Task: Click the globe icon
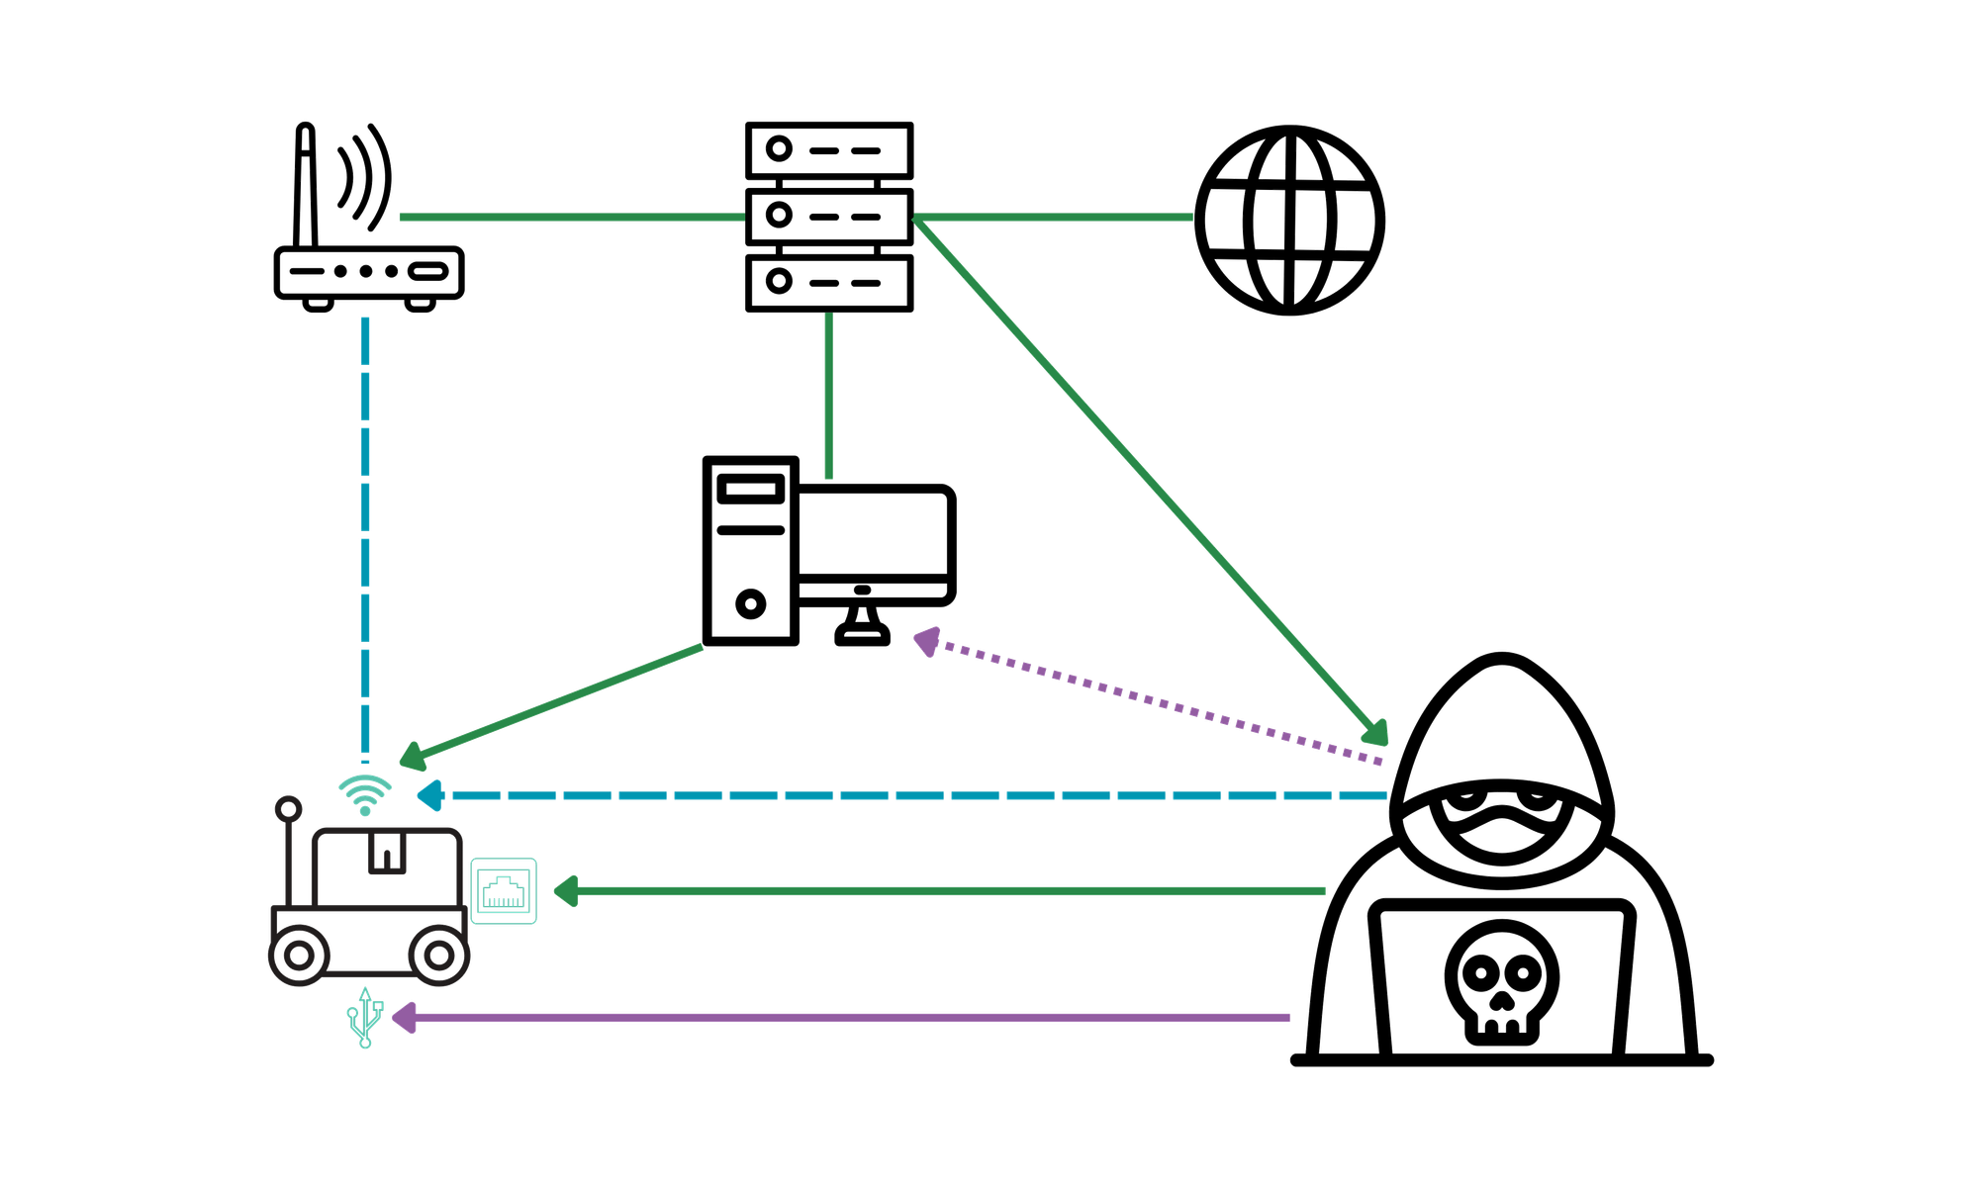(x=1290, y=220)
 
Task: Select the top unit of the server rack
(x=829, y=150)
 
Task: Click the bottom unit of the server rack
(x=829, y=283)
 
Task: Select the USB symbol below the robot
(x=365, y=1017)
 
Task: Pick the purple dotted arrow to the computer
(x=1148, y=698)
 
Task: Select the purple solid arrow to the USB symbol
(x=841, y=1017)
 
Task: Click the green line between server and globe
(x=1054, y=217)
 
